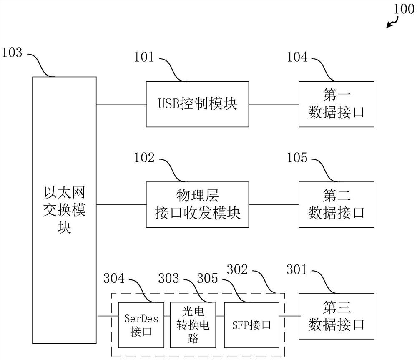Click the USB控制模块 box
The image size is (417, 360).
[x=197, y=104]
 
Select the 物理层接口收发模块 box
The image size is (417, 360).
[x=197, y=204]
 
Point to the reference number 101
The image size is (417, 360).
[x=144, y=58]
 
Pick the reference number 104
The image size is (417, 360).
[x=297, y=58]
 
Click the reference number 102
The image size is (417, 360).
[x=144, y=158]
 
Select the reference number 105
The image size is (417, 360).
[x=297, y=158]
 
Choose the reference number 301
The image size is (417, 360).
[x=297, y=271]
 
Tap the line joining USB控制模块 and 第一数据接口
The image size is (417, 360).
[x=274, y=104]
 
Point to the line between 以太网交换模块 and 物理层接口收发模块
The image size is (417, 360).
[x=121, y=204]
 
